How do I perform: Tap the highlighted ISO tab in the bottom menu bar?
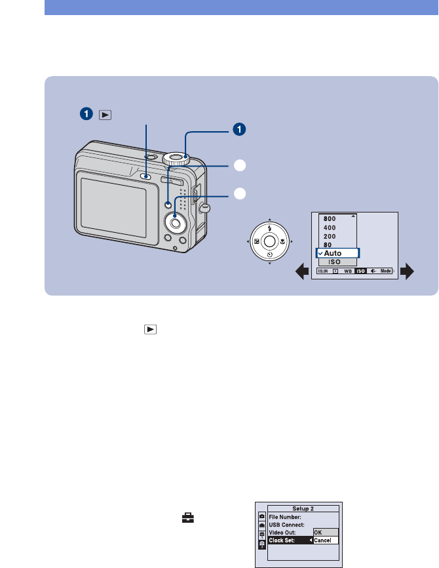coord(361,270)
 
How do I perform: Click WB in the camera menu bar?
coord(347,270)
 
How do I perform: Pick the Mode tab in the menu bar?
coord(386,270)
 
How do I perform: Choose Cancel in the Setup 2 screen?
coord(324,540)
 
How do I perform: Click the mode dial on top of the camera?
coord(176,158)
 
